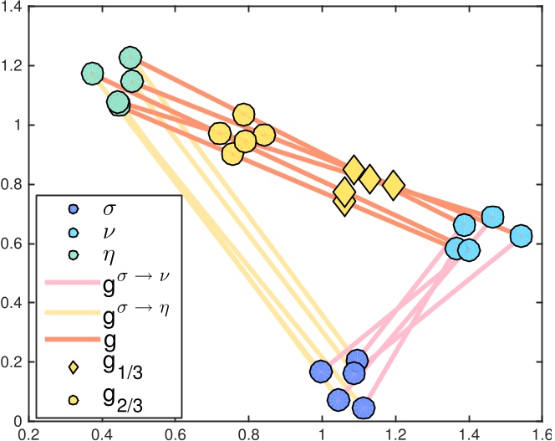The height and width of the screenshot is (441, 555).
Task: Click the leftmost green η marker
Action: (93, 73)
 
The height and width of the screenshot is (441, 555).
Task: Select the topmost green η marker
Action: (130, 58)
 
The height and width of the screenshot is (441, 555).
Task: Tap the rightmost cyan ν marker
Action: (522, 235)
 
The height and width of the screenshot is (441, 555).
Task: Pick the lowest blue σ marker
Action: (364, 408)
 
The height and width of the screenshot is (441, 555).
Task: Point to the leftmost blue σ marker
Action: (321, 371)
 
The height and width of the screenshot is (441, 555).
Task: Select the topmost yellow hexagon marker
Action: (244, 115)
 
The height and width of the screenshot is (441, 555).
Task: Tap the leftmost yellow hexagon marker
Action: (220, 134)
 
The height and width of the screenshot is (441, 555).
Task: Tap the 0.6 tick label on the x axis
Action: (176, 434)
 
